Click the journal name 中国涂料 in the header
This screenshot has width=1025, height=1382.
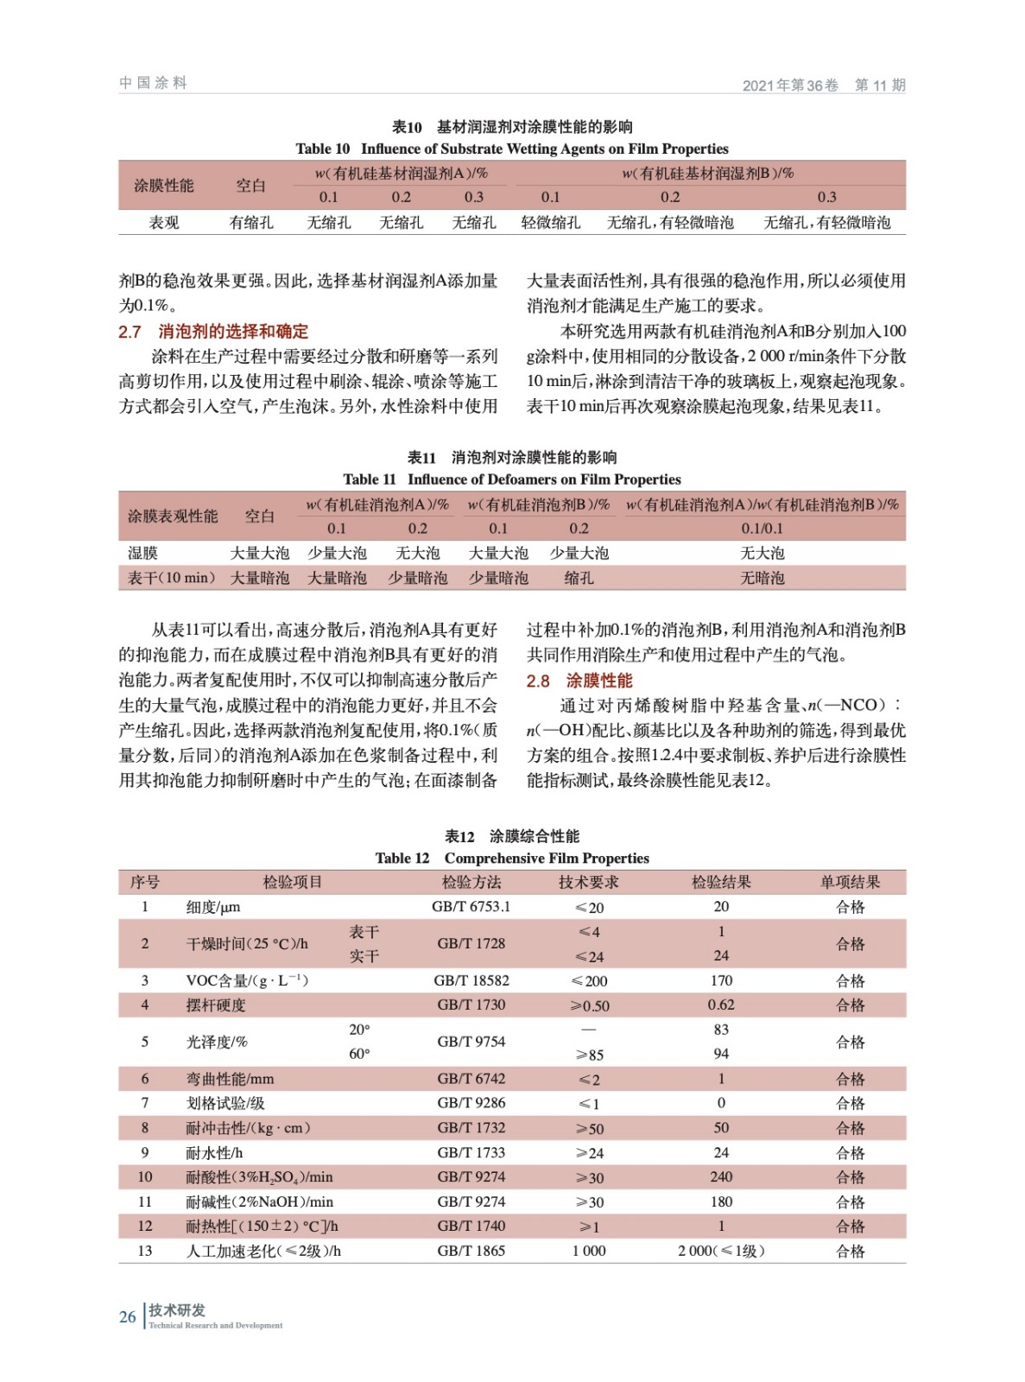[x=153, y=83]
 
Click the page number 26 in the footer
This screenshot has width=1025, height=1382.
[x=128, y=1316]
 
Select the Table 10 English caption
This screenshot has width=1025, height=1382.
[x=511, y=149]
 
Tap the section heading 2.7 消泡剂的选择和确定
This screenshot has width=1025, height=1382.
[x=213, y=332]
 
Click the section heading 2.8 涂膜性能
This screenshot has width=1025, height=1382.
[x=579, y=681]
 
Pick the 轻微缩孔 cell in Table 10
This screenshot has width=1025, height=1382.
[x=550, y=223]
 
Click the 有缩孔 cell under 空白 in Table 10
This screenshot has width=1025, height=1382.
[x=251, y=223]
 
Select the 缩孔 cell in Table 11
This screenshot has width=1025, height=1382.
[x=579, y=578]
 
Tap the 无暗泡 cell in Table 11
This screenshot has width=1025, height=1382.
[x=762, y=578]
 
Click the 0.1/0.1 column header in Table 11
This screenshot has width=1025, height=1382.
[x=762, y=529]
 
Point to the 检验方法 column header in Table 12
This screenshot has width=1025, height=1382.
[x=471, y=882]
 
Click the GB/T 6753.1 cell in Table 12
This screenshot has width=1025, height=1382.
[x=471, y=907]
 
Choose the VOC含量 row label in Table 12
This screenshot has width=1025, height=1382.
[x=247, y=980]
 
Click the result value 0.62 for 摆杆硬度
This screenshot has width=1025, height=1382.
[x=721, y=1005]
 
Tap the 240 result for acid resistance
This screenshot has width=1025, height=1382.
[x=721, y=1176]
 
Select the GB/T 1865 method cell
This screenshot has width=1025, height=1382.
[x=471, y=1251]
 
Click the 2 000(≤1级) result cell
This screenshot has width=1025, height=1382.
[x=721, y=1251]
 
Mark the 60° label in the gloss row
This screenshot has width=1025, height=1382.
[x=359, y=1054]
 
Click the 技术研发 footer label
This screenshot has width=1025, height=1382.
[x=177, y=1309]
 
